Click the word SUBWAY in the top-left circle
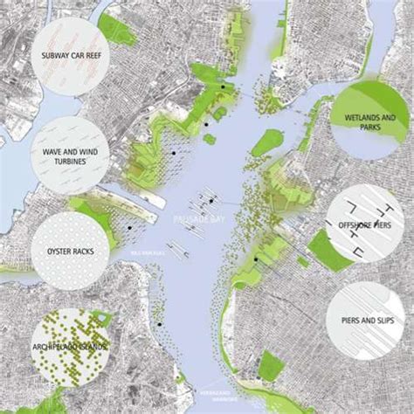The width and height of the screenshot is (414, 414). (x=51, y=59)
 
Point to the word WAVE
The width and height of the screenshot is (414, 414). (x=48, y=150)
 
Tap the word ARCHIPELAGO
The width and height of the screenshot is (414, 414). (x=54, y=348)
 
